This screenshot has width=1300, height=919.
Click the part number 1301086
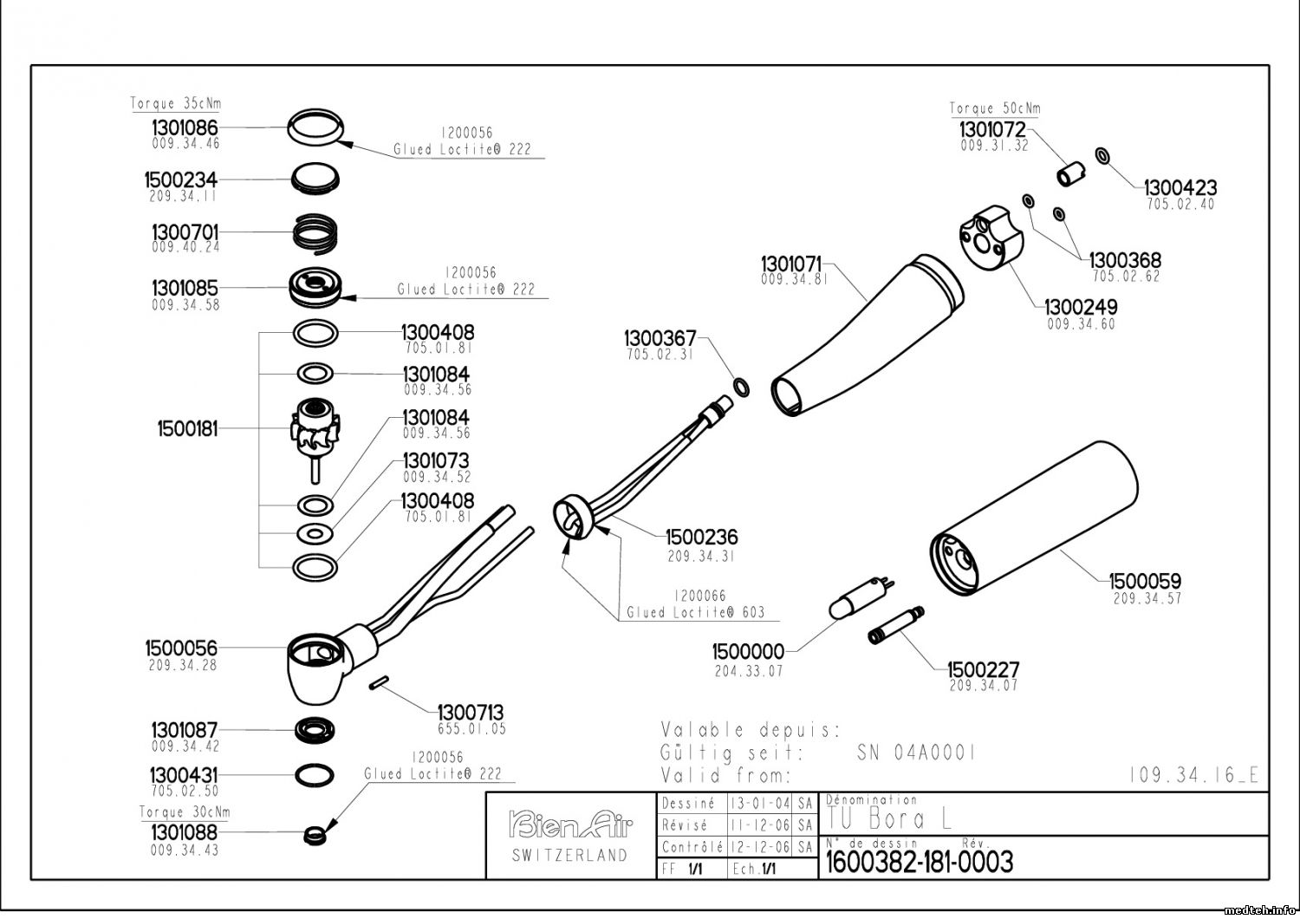click(185, 127)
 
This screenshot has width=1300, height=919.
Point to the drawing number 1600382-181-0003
click(920, 862)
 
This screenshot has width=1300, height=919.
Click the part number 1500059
click(1145, 581)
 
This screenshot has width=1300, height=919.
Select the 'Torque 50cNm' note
click(995, 109)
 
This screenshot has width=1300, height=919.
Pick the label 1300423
click(1180, 187)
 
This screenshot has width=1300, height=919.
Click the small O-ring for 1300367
click(743, 386)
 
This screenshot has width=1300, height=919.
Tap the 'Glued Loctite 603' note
click(696, 612)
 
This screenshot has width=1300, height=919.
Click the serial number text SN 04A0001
click(917, 753)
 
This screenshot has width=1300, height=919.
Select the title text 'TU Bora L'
click(884, 818)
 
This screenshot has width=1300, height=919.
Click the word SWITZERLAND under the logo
click(569, 856)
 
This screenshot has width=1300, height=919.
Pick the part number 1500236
click(702, 538)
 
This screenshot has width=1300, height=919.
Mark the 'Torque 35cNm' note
click(176, 104)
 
